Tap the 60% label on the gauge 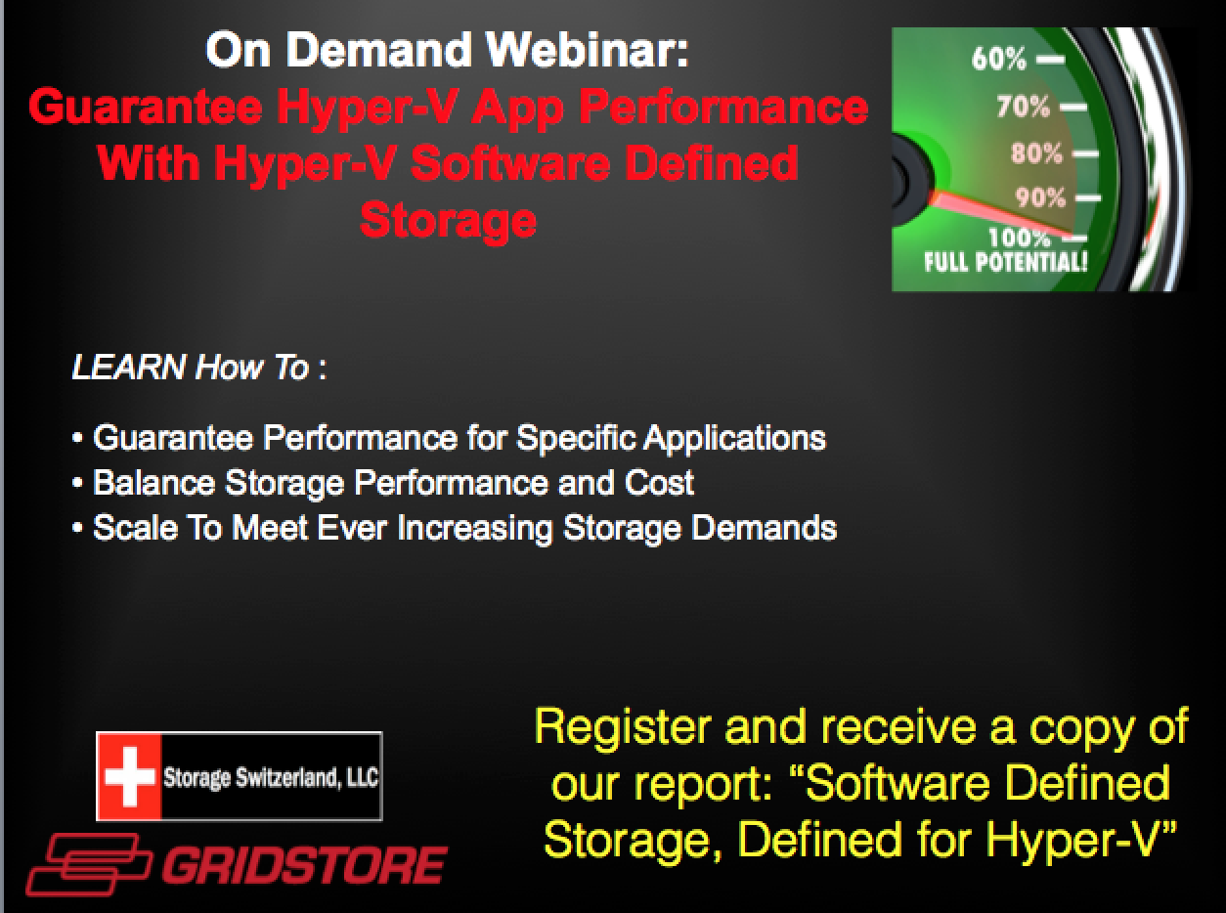(x=999, y=58)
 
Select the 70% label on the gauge (x=1024, y=107)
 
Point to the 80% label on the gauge (x=1036, y=153)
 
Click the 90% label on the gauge (x=1039, y=197)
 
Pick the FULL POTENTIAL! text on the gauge (x=1005, y=261)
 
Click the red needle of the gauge (x=1000, y=213)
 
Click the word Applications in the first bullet (x=735, y=439)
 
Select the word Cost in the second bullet (x=659, y=483)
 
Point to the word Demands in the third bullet (x=765, y=528)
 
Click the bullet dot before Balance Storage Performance (x=77, y=484)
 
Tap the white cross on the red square (x=129, y=776)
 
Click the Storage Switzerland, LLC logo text (x=271, y=777)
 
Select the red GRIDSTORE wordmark (x=305, y=865)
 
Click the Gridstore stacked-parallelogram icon (x=88, y=864)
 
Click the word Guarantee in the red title (x=146, y=107)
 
